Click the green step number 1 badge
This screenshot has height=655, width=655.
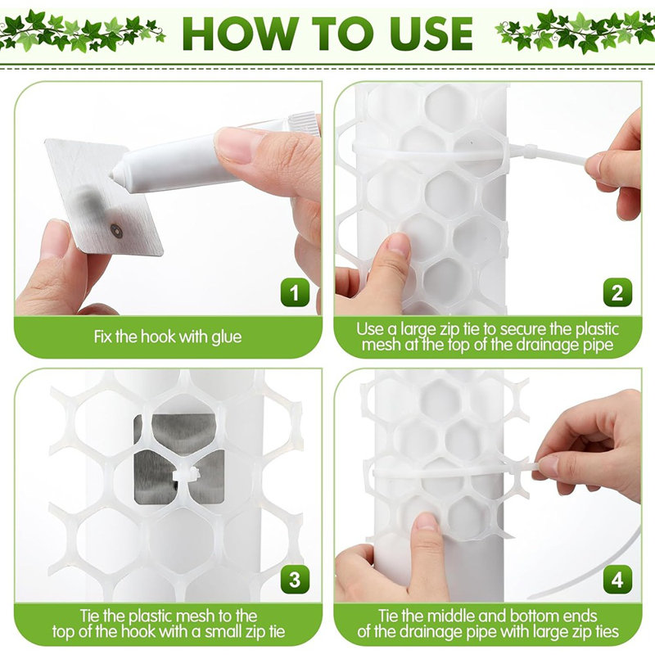(296, 292)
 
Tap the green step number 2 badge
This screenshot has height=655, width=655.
(617, 292)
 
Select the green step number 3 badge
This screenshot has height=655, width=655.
(296, 580)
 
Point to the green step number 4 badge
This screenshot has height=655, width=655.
(617, 580)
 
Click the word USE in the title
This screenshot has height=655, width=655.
(431, 34)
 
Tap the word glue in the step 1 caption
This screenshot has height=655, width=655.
(227, 337)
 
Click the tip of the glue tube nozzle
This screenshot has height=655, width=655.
(112, 175)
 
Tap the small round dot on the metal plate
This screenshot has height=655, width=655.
(116, 231)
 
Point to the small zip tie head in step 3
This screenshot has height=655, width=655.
(186, 476)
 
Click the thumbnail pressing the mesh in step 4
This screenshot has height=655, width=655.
(426, 522)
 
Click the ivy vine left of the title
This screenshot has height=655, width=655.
(80, 31)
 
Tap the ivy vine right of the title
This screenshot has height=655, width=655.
(575, 31)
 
